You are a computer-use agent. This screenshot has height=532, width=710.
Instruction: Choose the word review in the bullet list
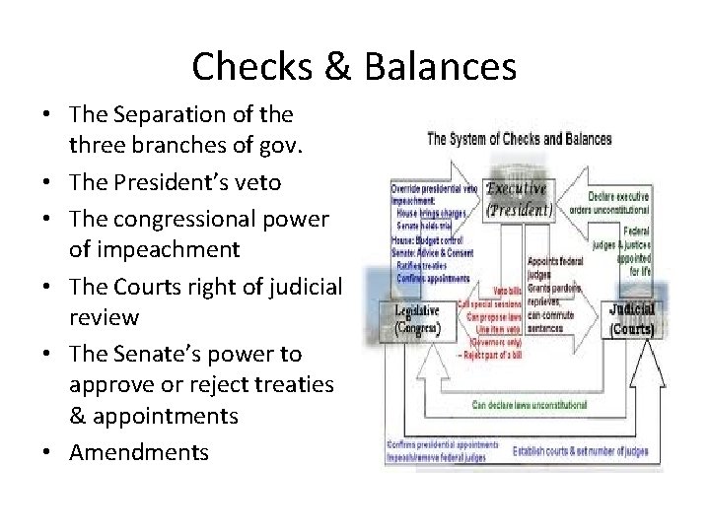[104, 318]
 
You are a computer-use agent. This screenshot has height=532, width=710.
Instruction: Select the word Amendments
[138, 452]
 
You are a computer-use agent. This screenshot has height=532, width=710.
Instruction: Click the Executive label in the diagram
[517, 189]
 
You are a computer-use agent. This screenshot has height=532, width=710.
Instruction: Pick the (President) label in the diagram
[517, 209]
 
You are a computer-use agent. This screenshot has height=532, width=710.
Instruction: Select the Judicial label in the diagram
[631, 309]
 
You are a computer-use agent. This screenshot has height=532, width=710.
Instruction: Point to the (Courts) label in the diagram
[631, 328]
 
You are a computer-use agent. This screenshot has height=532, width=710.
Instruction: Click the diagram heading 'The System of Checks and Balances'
[519, 139]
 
